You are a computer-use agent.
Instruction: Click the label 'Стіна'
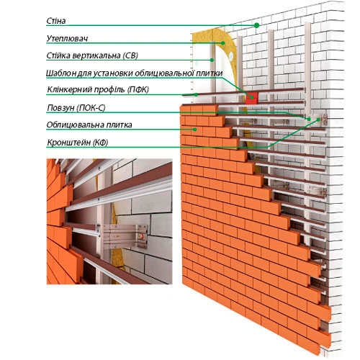coord(56,21)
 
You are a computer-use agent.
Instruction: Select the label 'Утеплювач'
coord(67,38)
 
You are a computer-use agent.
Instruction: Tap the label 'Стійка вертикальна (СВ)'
coord(92,55)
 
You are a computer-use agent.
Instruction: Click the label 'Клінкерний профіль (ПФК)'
coord(98,89)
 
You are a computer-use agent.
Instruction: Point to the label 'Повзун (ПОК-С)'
coord(76,108)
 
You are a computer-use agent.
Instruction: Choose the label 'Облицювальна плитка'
coord(89,125)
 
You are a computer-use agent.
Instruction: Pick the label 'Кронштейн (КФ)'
coord(78,143)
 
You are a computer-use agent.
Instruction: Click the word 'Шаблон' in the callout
coord(61,73)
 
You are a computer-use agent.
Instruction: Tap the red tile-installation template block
coord(251,98)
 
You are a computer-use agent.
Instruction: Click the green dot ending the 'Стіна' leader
coord(256,25)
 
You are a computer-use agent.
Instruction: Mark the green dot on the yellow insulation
coord(223,43)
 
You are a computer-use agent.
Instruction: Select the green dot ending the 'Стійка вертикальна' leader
coord(212,60)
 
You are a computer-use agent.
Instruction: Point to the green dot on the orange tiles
coord(195,130)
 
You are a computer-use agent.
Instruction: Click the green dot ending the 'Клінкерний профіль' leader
coord(196,94)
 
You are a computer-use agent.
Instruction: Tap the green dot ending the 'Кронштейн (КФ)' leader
coord(318,120)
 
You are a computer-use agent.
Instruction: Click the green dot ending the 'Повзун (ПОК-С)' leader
coord(309,119)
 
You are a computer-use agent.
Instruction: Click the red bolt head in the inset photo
coord(143,236)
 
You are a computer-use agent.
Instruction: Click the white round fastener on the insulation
coord(231,56)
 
